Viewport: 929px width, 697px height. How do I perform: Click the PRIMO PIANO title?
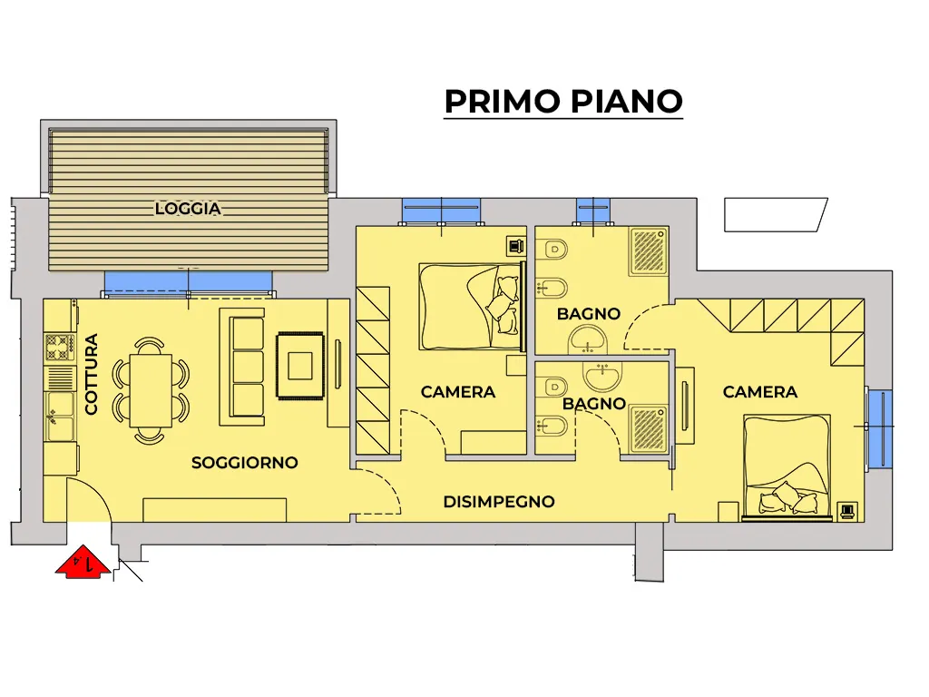click(563, 102)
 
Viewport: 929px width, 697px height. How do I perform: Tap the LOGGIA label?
click(188, 209)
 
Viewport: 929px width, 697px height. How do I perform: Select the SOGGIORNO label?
click(245, 462)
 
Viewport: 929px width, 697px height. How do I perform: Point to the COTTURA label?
click(92, 374)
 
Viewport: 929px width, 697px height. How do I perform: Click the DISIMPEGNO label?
click(499, 502)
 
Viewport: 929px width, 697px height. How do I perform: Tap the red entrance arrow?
click(83, 561)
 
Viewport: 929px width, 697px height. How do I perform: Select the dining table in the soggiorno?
click(152, 390)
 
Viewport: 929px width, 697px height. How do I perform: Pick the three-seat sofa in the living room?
click(243, 367)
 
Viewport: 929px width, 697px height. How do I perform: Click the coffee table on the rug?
click(300, 366)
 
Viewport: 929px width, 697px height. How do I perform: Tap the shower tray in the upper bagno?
click(650, 250)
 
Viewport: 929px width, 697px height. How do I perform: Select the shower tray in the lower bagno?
click(650, 428)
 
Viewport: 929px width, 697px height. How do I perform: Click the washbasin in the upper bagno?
click(588, 341)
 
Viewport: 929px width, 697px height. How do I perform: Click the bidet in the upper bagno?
click(553, 289)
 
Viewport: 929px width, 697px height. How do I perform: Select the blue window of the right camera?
click(880, 428)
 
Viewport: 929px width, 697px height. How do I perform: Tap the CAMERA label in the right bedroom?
click(760, 392)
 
